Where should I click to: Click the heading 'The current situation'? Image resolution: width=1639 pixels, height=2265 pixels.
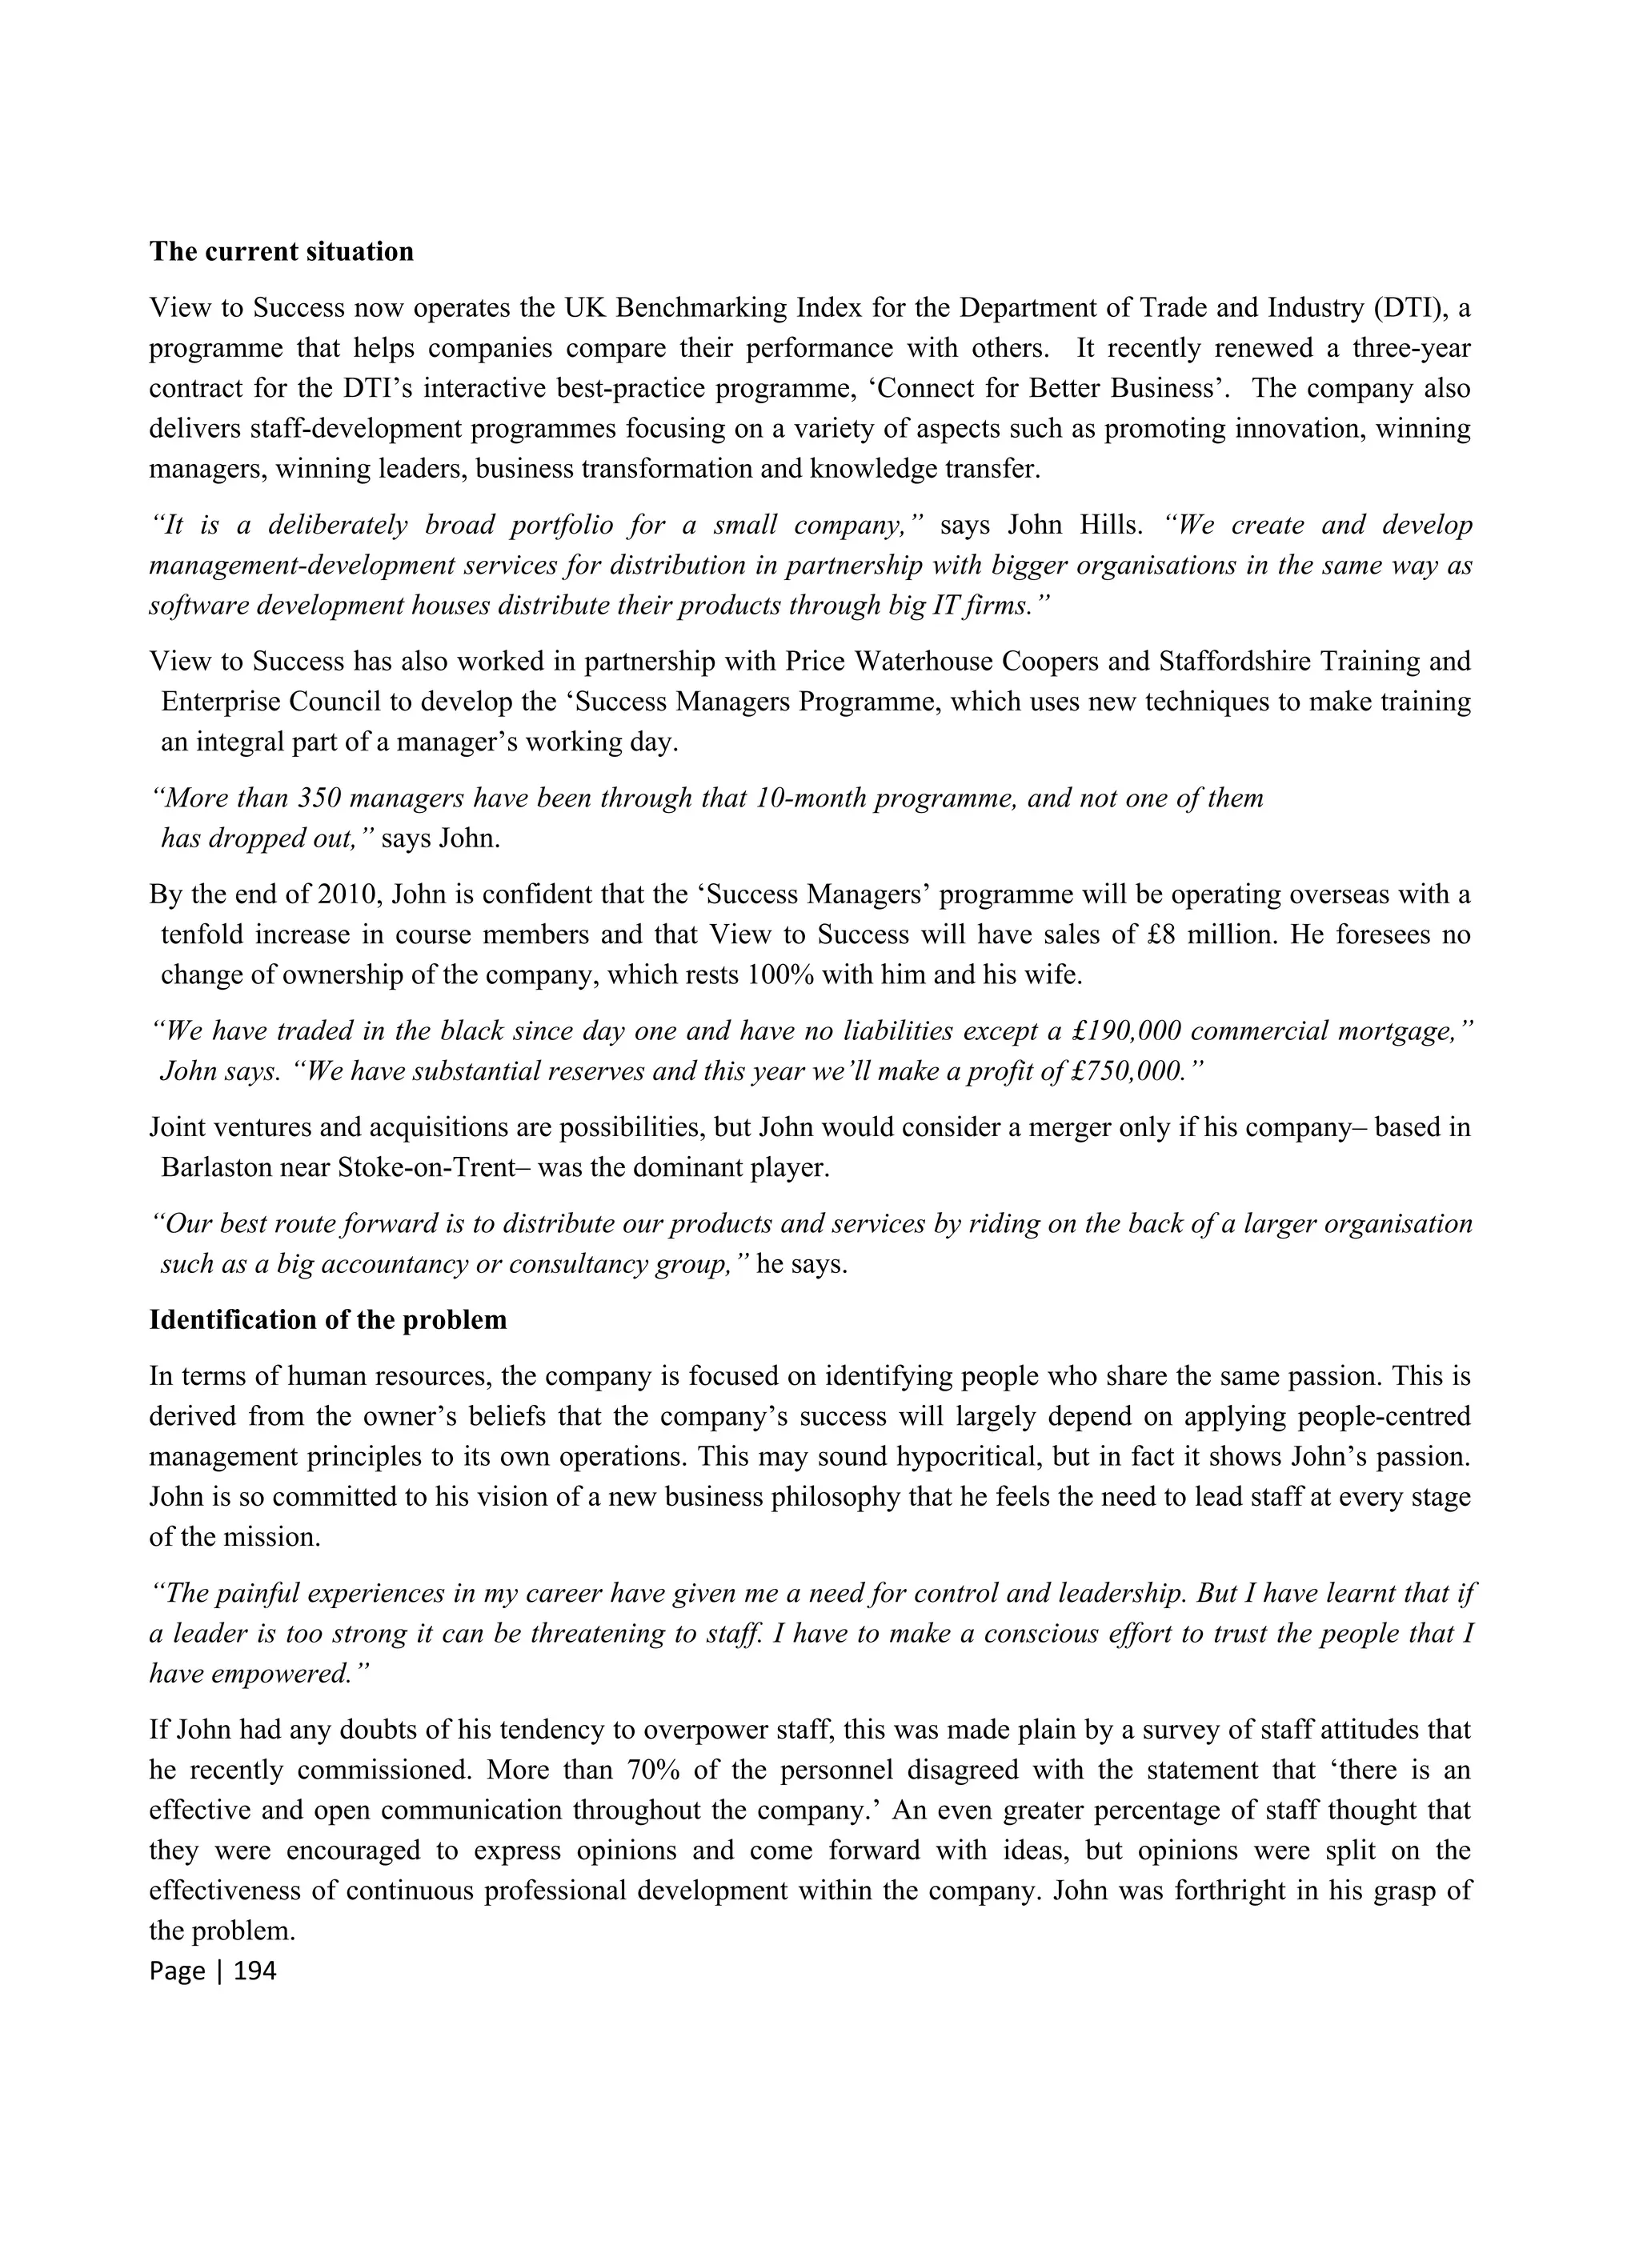pyautogui.click(x=281, y=252)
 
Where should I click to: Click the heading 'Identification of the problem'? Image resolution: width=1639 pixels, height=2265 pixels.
pyautogui.click(x=327, y=1319)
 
